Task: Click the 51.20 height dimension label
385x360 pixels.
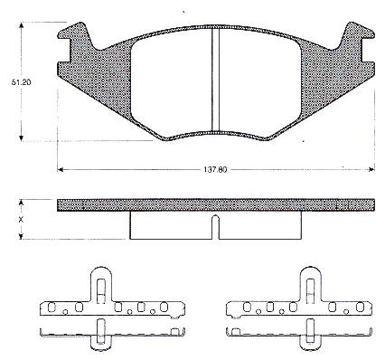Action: [21, 82]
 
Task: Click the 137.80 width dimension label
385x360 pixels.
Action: [215, 170]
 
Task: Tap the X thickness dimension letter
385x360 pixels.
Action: [21, 220]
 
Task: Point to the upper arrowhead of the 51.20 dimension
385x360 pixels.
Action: [21, 25]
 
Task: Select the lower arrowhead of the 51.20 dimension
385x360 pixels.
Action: [21, 137]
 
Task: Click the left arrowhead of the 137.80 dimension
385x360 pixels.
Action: [61, 170]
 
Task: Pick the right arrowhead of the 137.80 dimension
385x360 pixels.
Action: [371, 170]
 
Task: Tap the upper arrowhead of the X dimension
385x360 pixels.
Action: [21, 203]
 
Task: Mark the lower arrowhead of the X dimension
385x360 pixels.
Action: [21, 236]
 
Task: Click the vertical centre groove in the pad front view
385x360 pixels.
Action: [215, 80]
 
